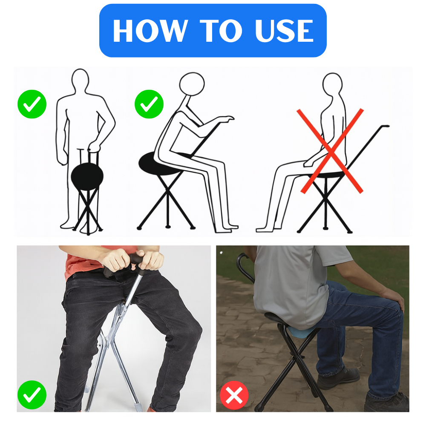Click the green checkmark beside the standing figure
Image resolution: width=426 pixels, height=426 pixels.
click(x=32, y=104)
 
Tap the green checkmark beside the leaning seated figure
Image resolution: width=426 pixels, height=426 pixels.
click(x=149, y=104)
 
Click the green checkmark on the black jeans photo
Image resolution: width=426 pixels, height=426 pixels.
click(x=32, y=395)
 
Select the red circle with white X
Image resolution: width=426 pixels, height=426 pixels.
click(x=234, y=395)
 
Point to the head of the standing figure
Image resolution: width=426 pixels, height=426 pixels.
click(x=80, y=79)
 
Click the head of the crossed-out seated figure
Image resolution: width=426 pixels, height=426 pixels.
click(x=332, y=83)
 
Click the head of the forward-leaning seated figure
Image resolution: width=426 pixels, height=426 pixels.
click(x=192, y=84)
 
